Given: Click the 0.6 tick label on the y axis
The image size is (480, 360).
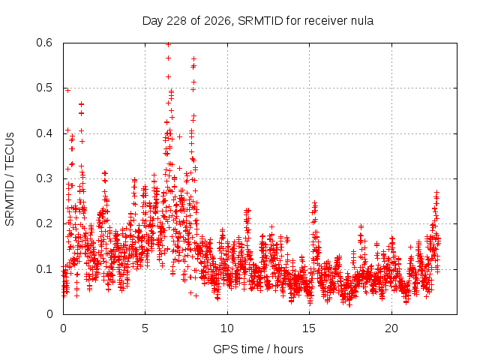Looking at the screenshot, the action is click(44, 43).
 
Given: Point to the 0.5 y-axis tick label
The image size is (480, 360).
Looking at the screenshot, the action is click(44, 88).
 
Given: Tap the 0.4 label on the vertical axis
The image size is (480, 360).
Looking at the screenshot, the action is click(44, 133).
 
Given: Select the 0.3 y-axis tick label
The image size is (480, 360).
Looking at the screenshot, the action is click(44, 178).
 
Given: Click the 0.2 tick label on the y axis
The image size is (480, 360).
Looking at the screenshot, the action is click(44, 223).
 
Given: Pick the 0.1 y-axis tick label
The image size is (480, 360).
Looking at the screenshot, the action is click(44, 269).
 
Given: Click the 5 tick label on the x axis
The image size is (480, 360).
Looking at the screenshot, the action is click(145, 328).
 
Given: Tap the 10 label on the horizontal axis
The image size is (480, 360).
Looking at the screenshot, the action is click(226, 328).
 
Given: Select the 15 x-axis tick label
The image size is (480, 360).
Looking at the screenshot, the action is click(309, 328).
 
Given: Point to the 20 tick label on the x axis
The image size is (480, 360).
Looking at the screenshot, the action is click(391, 328).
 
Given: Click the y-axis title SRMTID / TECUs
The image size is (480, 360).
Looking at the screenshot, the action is click(10, 179).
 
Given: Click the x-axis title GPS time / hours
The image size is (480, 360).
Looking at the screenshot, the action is click(258, 349).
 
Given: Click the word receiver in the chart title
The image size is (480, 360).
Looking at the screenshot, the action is click(325, 21).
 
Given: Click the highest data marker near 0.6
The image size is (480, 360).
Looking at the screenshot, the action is click(168, 45).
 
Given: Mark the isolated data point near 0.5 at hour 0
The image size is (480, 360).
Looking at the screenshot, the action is click(67, 90).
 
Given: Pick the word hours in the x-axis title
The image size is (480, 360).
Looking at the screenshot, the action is click(288, 349).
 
